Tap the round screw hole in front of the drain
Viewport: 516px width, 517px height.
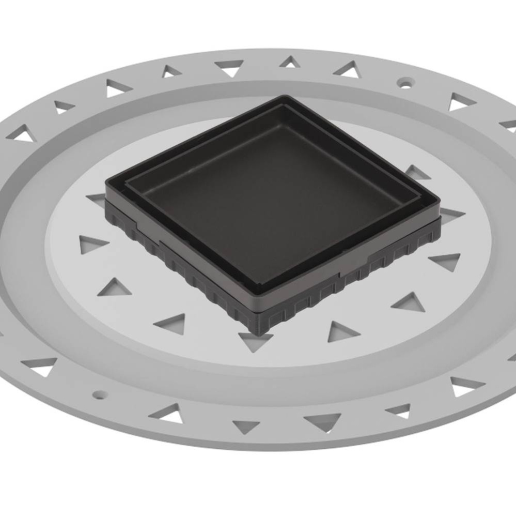[x=98, y=394]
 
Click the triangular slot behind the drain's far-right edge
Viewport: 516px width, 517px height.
[x=417, y=172]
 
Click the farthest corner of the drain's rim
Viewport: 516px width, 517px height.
[x=287, y=96]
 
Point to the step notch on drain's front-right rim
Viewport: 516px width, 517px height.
[x=372, y=256]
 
